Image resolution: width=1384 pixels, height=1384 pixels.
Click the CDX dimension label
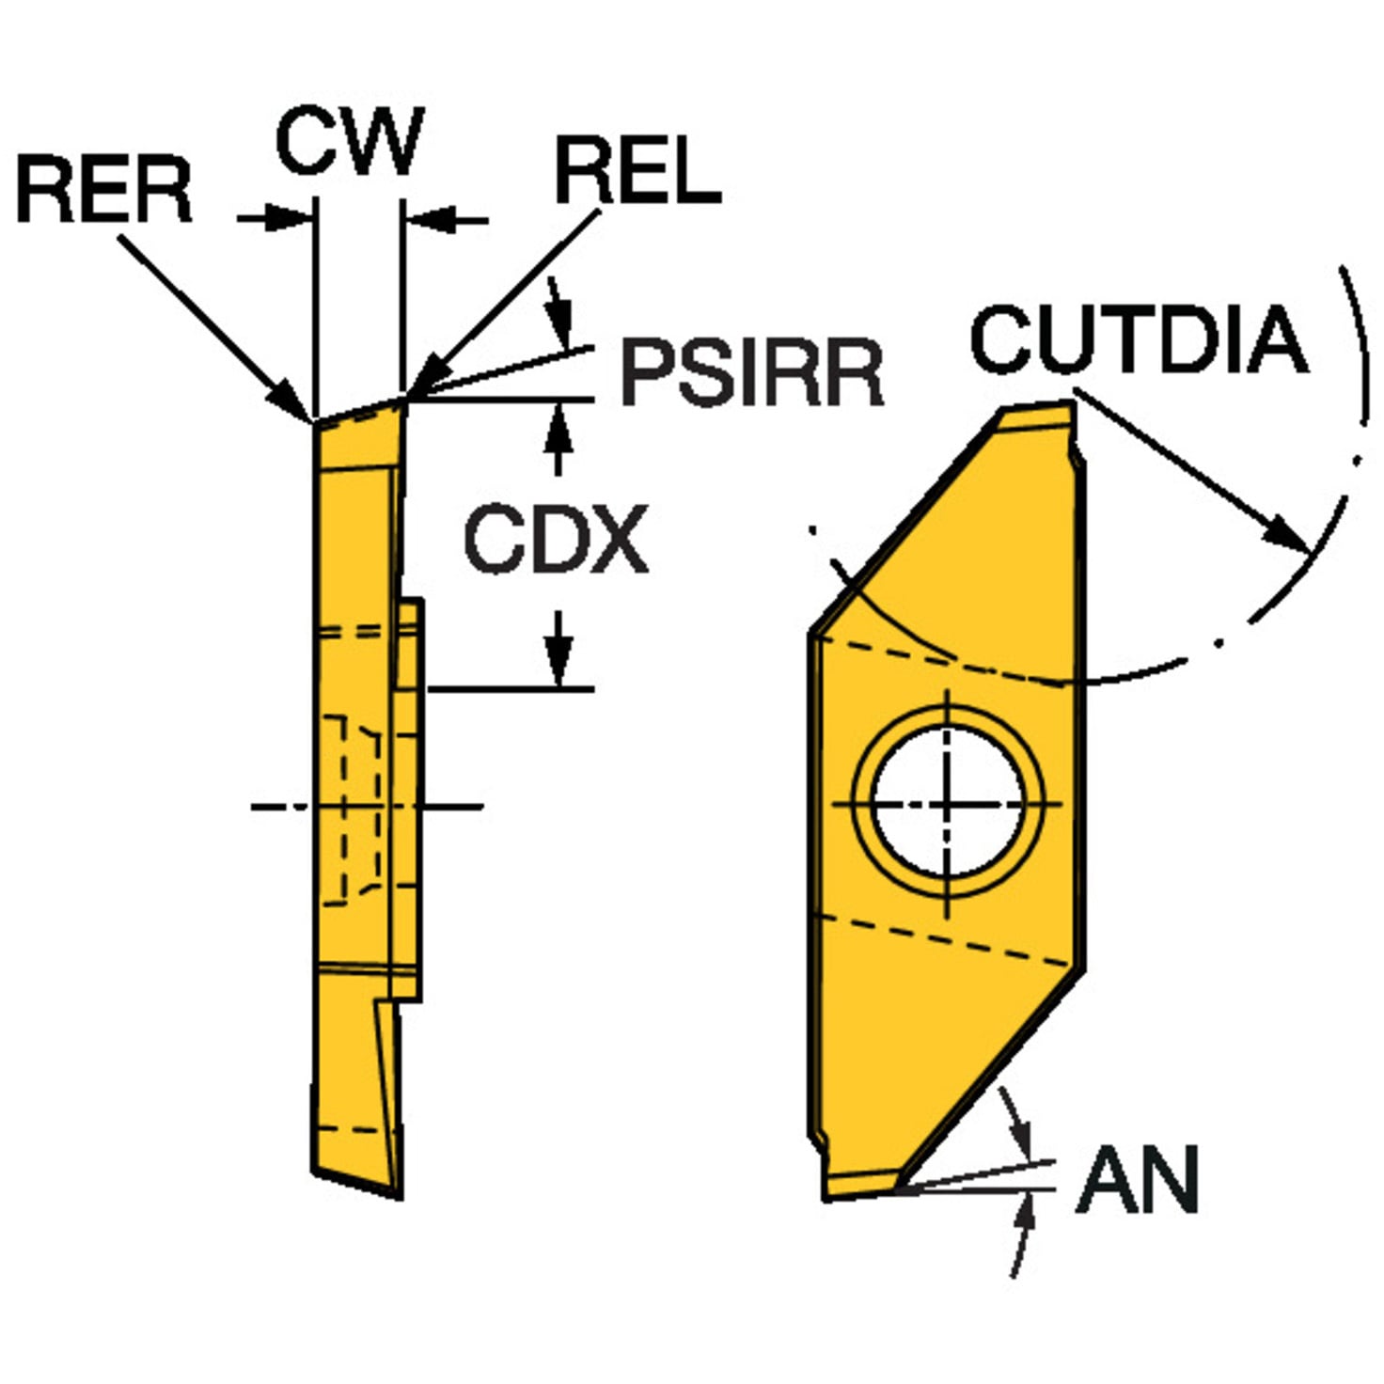pyautogui.click(x=556, y=540)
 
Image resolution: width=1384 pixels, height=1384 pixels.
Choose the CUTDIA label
pyautogui.click(x=1139, y=340)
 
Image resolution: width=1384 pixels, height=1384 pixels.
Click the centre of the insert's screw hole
pyautogui.click(x=948, y=804)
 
